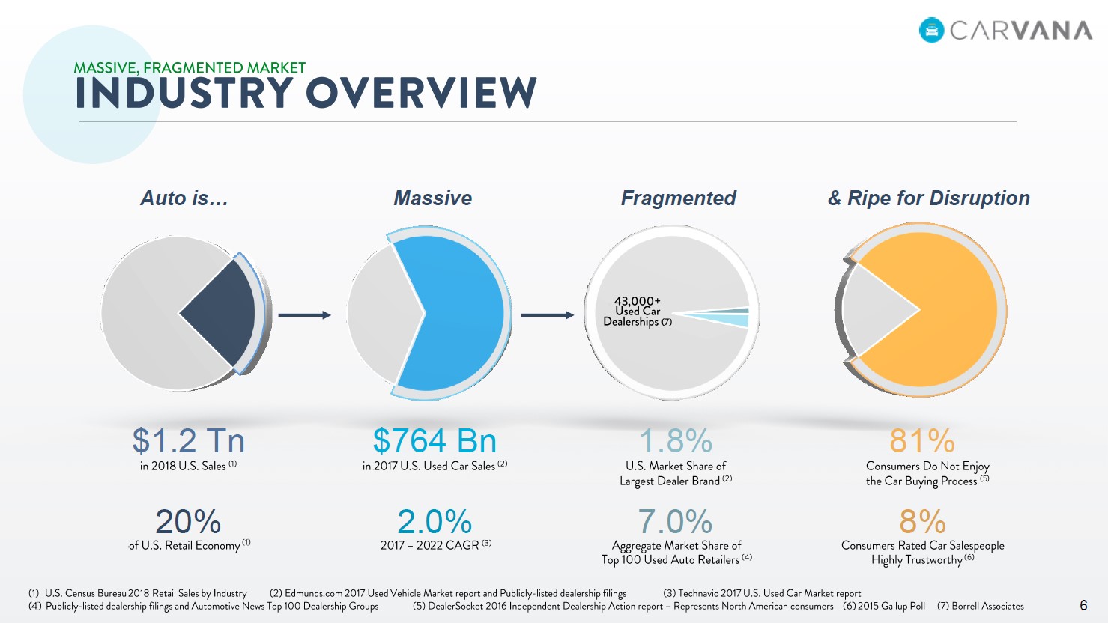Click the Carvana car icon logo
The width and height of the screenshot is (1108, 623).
click(x=931, y=31)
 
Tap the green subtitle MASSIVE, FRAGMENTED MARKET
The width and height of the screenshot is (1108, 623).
click(x=190, y=67)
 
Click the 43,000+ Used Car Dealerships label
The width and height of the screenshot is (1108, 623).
click(x=638, y=311)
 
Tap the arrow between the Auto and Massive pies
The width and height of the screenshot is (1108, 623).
click(x=304, y=315)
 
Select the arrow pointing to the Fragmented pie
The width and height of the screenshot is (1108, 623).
click(x=548, y=315)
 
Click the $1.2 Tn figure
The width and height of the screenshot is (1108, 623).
click(x=189, y=440)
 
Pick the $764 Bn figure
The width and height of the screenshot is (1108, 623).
click(x=435, y=440)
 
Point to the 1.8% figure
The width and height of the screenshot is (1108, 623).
click(x=676, y=440)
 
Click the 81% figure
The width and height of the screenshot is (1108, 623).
click(x=922, y=440)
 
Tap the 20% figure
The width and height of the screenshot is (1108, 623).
click(x=188, y=522)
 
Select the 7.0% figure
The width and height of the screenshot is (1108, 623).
click(x=675, y=522)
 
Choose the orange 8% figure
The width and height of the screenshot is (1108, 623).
click(x=922, y=522)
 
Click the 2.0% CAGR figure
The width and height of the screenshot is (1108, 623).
click(x=435, y=522)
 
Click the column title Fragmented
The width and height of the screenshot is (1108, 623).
click(x=679, y=198)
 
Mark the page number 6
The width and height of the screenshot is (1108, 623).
click(x=1083, y=605)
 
